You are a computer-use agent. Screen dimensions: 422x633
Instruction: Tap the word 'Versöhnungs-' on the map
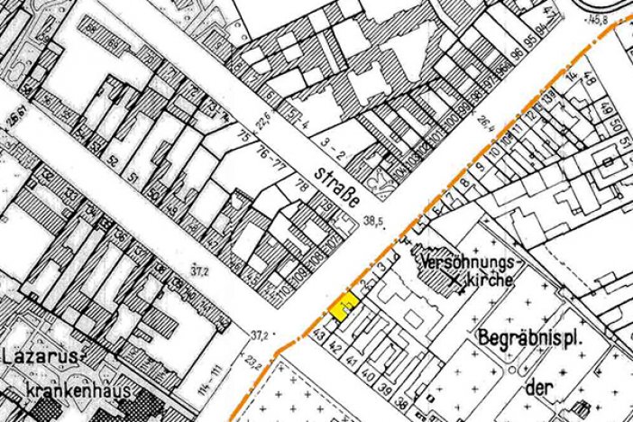[466, 261]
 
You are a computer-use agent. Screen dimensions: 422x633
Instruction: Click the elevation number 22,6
[262, 120]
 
